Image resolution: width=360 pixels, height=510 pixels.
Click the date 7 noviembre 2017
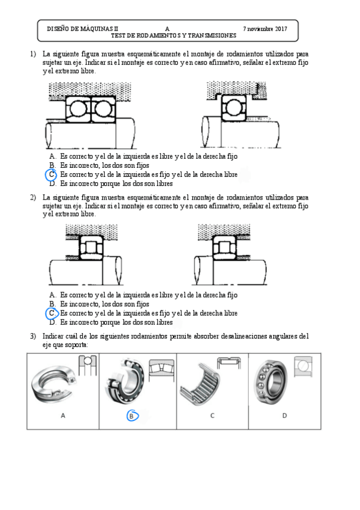(x=265, y=29)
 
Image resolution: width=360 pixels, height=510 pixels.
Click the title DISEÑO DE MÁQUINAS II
(x=82, y=29)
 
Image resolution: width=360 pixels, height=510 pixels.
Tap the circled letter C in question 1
(x=51, y=174)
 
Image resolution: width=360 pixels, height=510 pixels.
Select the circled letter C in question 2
(x=52, y=313)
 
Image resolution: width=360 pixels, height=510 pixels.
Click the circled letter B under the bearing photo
(x=132, y=416)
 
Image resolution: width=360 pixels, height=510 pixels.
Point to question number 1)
(x=33, y=54)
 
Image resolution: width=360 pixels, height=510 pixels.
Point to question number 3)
(x=33, y=336)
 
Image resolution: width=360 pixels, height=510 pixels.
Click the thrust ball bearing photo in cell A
(x=53, y=384)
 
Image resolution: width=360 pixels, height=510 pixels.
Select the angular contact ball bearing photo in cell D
(x=270, y=382)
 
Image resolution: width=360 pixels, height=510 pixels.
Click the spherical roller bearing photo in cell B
(x=125, y=381)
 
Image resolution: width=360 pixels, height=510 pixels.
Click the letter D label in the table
(x=285, y=416)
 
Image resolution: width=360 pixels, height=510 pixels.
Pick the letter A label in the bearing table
(x=63, y=416)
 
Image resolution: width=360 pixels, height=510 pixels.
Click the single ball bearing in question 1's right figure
(x=234, y=108)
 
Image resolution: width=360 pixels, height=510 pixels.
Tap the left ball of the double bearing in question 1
(x=78, y=109)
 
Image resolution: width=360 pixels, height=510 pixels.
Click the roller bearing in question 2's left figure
(x=91, y=248)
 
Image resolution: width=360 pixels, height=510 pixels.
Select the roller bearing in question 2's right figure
(x=225, y=247)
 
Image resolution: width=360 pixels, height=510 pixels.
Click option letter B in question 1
(x=52, y=165)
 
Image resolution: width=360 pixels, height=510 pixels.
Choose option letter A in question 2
(x=52, y=295)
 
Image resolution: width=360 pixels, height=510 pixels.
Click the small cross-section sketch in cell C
(x=229, y=363)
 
